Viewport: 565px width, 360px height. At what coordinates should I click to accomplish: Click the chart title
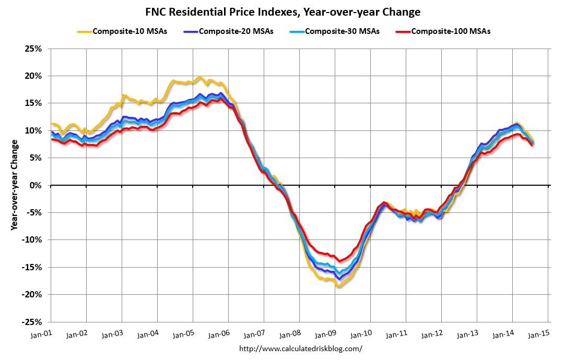click(x=282, y=11)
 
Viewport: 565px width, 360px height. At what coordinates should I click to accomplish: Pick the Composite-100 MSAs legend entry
click(x=450, y=31)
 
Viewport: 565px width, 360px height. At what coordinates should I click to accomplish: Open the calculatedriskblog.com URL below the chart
click(x=300, y=349)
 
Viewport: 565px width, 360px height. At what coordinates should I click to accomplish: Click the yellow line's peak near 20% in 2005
click(x=199, y=77)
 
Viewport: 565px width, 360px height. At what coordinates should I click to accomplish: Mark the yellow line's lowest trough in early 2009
click(x=338, y=286)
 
